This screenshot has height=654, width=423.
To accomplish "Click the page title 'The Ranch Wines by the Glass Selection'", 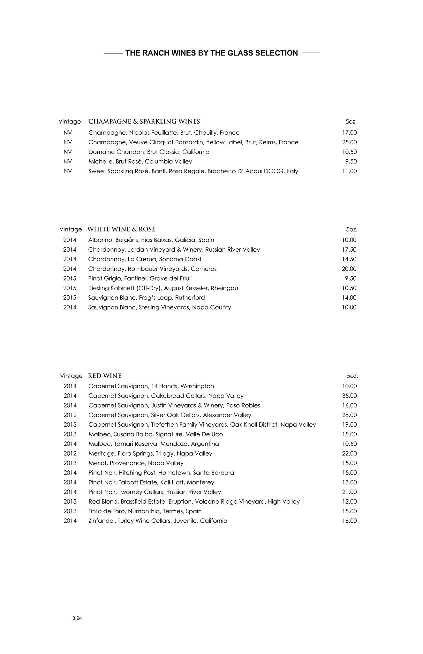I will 211,53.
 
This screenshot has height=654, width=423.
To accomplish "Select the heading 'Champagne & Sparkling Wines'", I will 144,122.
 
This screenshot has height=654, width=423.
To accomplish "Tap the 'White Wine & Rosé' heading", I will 121,229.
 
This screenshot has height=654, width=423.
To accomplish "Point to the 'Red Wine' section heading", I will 105,376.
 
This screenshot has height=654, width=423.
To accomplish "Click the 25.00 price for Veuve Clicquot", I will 349,142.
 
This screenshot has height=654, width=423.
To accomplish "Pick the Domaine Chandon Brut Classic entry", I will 149,152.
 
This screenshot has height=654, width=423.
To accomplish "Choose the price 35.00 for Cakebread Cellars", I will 349,396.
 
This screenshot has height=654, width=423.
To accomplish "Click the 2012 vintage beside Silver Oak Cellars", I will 70,415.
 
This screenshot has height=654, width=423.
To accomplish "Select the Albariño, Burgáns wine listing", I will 151,240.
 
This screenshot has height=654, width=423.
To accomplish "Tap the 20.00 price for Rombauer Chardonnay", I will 349,269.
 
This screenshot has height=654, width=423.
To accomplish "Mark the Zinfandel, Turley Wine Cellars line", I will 158,521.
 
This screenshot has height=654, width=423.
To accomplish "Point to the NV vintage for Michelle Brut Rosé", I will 68,162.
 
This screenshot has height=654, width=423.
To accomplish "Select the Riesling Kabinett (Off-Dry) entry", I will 163,288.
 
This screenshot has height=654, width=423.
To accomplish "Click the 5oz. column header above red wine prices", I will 352,376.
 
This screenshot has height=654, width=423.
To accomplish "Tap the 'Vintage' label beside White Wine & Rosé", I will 71,230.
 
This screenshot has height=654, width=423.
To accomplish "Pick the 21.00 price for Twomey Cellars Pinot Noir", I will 349,492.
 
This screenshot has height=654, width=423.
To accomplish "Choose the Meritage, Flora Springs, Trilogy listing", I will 150,453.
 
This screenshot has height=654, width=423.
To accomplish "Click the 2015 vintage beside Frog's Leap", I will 70,298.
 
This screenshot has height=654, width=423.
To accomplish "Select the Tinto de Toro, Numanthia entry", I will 145,511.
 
